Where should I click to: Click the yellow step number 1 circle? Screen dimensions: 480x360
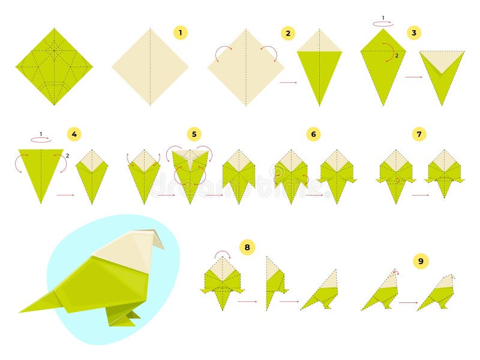point(181,32)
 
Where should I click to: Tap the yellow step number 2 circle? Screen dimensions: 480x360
point(288,33)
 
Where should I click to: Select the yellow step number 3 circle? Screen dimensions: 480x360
point(414,33)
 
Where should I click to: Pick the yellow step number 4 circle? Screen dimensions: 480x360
point(74,134)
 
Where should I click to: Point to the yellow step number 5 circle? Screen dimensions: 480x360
point(194,134)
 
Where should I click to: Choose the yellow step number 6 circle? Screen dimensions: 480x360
point(313,134)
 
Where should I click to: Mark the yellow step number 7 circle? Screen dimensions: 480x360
point(419,134)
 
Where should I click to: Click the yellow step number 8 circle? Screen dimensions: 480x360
point(247,247)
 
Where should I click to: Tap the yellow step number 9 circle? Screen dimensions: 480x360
point(421,261)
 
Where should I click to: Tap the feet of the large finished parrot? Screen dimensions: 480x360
point(123,317)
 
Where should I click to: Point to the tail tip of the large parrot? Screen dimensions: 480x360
point(20,311)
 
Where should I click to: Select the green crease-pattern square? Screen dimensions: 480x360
point(54,67)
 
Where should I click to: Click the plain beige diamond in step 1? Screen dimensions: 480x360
point(150,67)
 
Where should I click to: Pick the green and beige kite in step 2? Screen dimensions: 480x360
point(319,67)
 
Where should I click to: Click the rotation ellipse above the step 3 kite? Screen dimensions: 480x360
point(383,23)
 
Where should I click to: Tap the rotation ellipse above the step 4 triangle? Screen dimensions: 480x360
point(41,140)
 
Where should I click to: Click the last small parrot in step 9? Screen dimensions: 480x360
point(436,292)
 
